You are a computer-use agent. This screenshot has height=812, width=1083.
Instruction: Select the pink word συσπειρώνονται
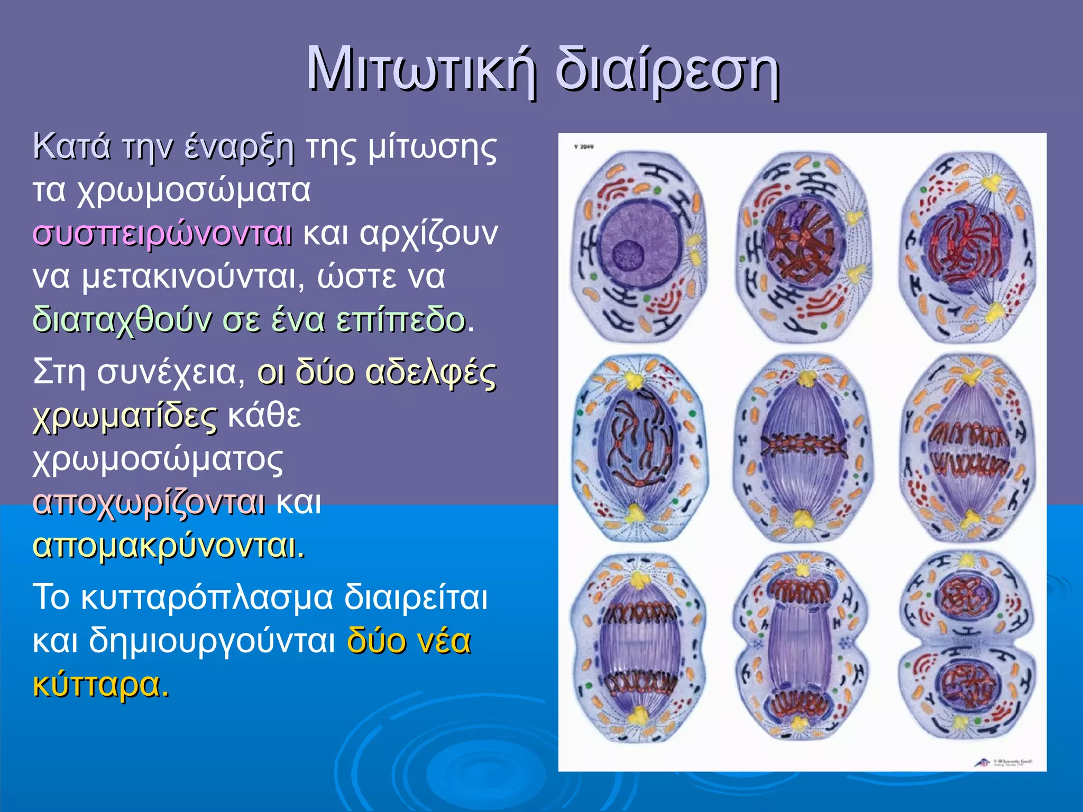[x=162, y=233]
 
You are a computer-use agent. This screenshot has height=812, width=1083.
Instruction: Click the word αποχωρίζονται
[x=149, y=503]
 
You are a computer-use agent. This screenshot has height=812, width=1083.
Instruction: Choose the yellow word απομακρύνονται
[x=168, y=546]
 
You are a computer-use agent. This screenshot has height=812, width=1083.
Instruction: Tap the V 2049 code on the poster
[x=584, y=147]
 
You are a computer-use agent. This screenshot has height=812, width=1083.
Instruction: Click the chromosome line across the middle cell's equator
[x=803, y=445]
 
